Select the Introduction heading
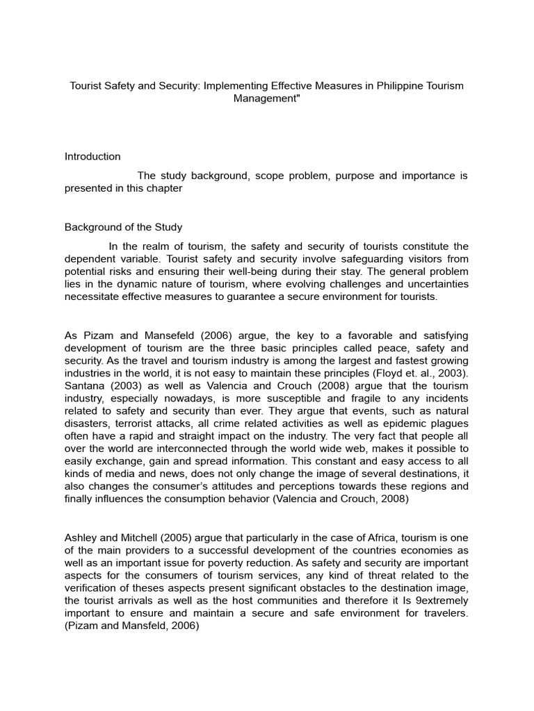[x=92, y=156]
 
